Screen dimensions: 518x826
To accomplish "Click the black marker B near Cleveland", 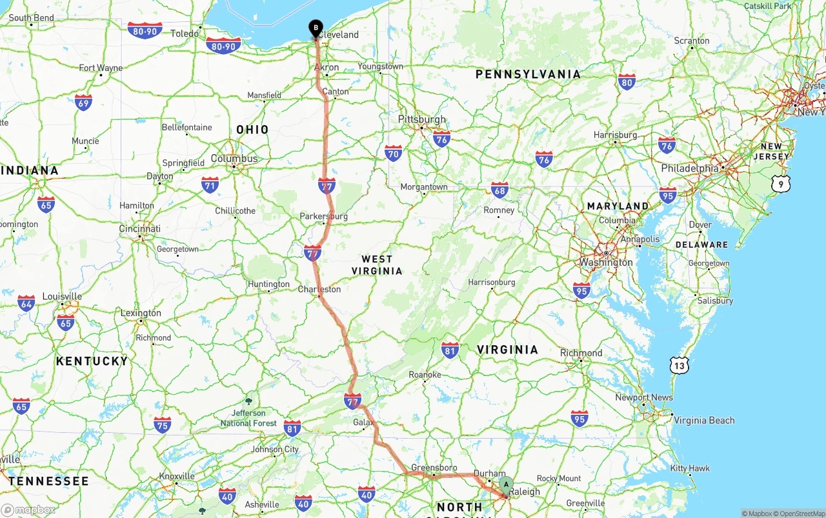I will tap(316, 28).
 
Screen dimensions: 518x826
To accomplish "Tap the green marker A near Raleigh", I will tap(506, 484).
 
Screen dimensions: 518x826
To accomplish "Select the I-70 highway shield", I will tap(393, 153).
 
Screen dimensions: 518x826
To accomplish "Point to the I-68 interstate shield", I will tap(499, 190).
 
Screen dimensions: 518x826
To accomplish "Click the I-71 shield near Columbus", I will tap(210, 185).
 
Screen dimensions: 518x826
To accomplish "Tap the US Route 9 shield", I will tap(780, 184).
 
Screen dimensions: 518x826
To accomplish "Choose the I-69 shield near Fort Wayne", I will tap(83, 102).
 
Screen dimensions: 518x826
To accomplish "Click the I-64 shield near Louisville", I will tap(26, 303).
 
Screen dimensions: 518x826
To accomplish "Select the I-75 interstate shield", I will tap(163, 424).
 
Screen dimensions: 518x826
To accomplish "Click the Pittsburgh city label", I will tap(422, 119).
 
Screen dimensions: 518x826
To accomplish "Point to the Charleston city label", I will tap(319, 289).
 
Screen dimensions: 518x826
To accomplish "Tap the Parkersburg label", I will tap(323, 216).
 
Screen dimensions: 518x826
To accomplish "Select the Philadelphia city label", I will tap(689, 168).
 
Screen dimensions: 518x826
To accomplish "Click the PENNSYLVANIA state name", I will tap(528, 74).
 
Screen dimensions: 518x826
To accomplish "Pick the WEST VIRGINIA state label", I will tap(377, 264).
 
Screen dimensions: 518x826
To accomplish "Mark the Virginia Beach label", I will tap(704, 420).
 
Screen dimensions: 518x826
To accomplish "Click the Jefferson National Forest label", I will tap(248, 417).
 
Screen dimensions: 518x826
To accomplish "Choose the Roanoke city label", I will tap(425, 374).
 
